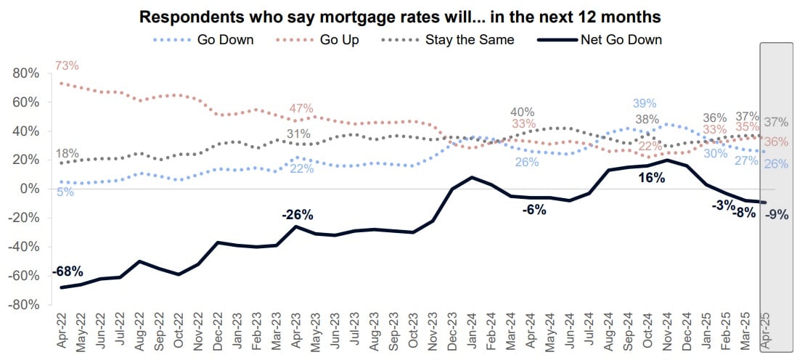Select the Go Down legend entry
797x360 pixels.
pyautogui.click(x=225, y=39)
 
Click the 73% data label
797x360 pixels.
pyautogui.click(x=67, y=66)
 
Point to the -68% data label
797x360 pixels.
pyautogui.click(x=67, y=271)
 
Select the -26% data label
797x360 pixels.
pyautogui.click(x=297, y=214)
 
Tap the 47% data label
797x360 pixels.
pyautogui.click(x=301, y=108)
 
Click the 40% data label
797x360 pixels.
pyautogui.click(x=522, y=112)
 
